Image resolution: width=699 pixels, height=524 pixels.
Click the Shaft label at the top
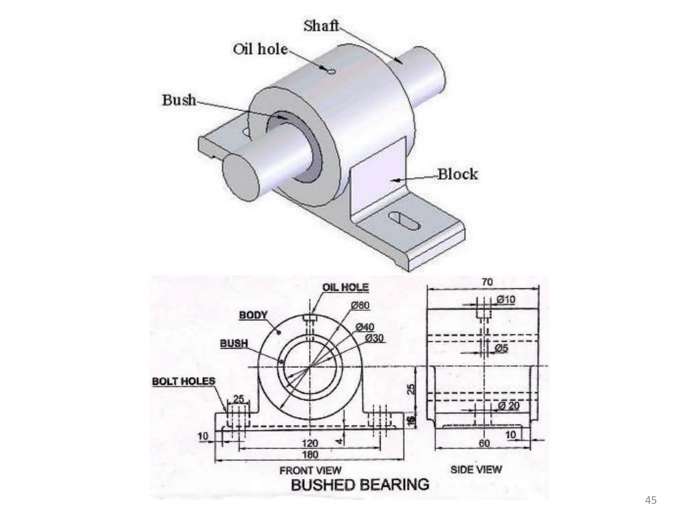(x=321, y=26)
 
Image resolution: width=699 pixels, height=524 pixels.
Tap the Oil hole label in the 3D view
(x=260, y=49)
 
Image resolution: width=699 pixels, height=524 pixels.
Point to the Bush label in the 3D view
(x=179, y=100)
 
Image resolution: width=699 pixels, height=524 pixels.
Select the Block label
(x=457, y=174)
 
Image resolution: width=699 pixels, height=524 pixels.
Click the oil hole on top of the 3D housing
(x=331, y=71)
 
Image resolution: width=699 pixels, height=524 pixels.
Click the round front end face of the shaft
(x=241, y=177)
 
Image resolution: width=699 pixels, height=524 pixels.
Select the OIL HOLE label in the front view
(x=345, y=287)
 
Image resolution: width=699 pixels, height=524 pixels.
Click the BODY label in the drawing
(x=253, y=315)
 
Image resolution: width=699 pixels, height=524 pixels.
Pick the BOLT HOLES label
(x=184, y=381)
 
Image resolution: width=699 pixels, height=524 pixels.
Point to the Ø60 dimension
(x=360, y=305)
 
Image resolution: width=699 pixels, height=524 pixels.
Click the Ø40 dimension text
(x=365, y=327)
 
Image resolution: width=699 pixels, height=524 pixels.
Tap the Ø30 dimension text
(x=374, y=338)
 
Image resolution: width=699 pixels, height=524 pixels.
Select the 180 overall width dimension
(x=310, y=454)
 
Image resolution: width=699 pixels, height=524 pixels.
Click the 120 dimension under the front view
(x=310, y=443)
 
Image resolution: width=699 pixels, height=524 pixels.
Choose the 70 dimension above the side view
(x=487, y=282)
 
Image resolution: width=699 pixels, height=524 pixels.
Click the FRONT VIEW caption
(x=310, y=470)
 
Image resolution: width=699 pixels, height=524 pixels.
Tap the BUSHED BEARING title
(x=360, y=485)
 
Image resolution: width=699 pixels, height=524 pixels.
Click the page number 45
(x=651, y=500)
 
